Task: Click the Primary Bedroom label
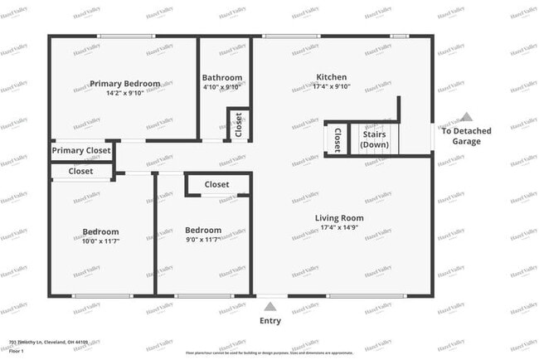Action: tap(125, 84)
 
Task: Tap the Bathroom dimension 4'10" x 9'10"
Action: tap(222, 87)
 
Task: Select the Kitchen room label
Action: tap(332, 77)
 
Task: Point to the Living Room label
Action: tap(339, 218)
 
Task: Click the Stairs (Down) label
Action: tap(374, 139)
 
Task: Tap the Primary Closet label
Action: tap(81, 151)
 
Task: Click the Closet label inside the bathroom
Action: tap(239, 125)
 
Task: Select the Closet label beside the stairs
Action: tap(337, 139)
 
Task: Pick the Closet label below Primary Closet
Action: tap(80, 171)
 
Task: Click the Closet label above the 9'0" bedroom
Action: tap(216, 184)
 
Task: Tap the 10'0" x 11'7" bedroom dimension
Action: tap(100, 241)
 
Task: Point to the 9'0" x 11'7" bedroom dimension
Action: tap(203, 240)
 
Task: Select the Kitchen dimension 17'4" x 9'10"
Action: tap(332, 87)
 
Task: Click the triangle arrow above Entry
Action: tap(269, 307)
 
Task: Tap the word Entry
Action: tap(270, 321)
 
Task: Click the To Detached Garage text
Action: tap(466, 136)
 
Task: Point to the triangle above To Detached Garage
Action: tap(467, 117)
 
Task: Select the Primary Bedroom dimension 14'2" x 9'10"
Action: tap(125, 93)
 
